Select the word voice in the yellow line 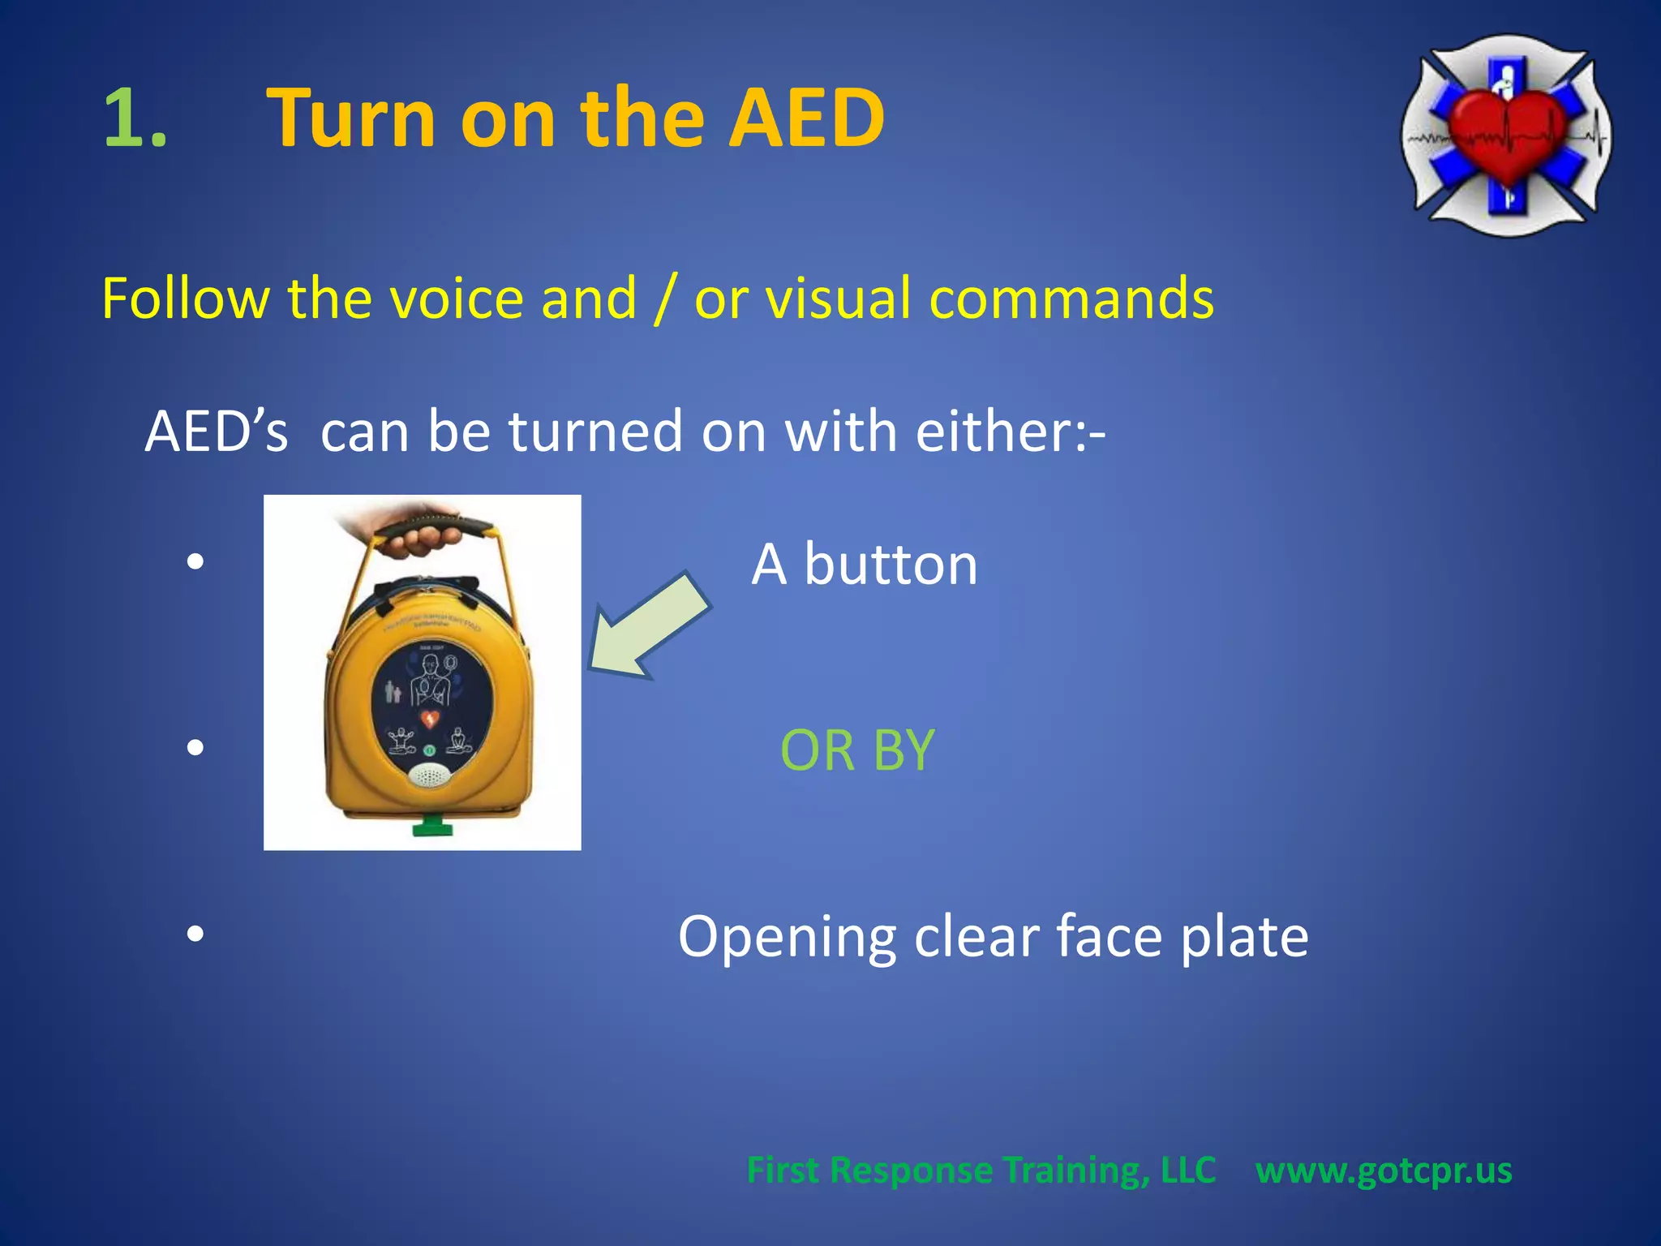click(x=457, y=299)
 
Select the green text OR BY click(x=857, y=750)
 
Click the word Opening click(x=787, y=938)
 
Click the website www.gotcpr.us click(x=1384, y=1171)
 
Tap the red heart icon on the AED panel click(x=431, y=719)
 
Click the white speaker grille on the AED click(x=428, y=777)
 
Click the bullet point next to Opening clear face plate click(x=195, y=934)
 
